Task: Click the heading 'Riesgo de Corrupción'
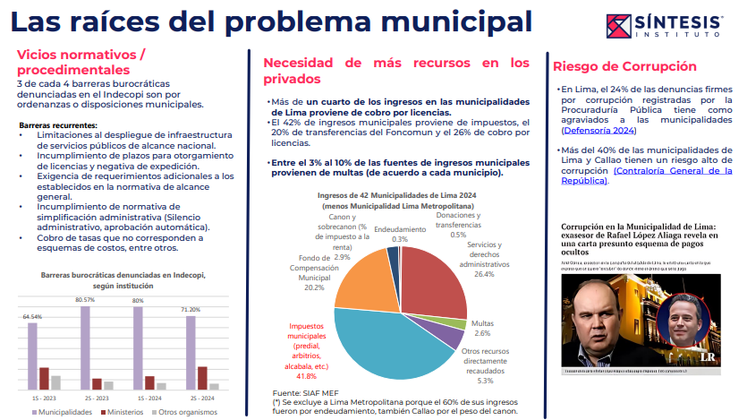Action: pyautogui.click(x=624, y=66)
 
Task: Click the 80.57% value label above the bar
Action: pyautogui.click(x=85, y=300)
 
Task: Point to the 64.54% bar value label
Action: pyautogui.click(x=32, y=317)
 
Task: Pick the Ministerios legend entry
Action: pyautogui.click(x=117, y=412)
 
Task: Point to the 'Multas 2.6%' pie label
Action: pyautogui.click(x=483, y=327)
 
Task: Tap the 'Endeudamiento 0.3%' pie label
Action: pyautogui.click(x=399, y=234)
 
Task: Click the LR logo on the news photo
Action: pyautogui.click(x=706, y=356)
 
